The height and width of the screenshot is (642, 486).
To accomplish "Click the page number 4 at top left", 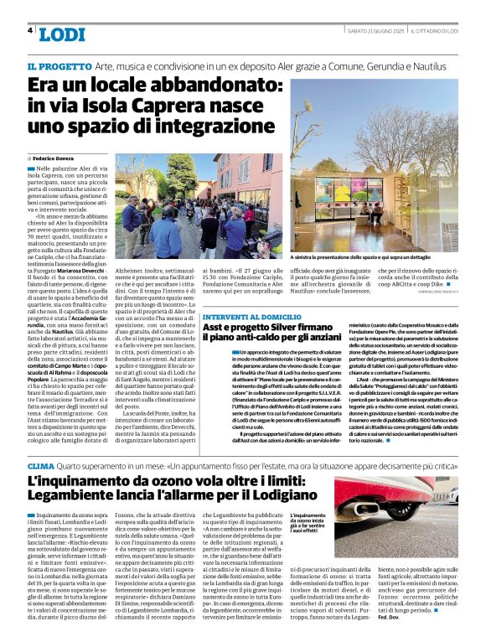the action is tap(30, 31).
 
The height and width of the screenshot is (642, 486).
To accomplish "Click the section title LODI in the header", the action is tap(62, 34).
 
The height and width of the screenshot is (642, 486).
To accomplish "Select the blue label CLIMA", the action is tap(41, 465).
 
